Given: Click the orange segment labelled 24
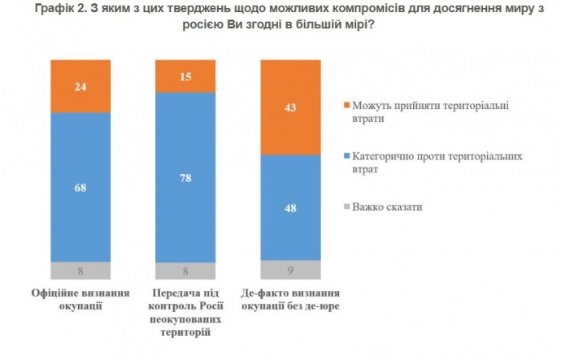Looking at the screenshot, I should pos(80,85).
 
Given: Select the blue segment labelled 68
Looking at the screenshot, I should pos(80,187).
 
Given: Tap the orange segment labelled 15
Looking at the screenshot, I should pos(185,76).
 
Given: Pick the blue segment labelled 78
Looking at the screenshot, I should pos(185,177).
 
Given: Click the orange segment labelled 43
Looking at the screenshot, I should pos(290,106).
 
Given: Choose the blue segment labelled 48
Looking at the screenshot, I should pos(290,206).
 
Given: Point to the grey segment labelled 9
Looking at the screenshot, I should pos(290,271).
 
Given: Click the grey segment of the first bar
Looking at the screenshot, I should pos(80,271).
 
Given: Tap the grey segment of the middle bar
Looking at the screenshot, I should pos(185,271).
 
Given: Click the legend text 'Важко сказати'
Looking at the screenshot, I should pos(387,207).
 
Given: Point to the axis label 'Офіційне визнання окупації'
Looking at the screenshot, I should pos(80,299).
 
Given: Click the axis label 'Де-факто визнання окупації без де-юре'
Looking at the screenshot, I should pos(290,299).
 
